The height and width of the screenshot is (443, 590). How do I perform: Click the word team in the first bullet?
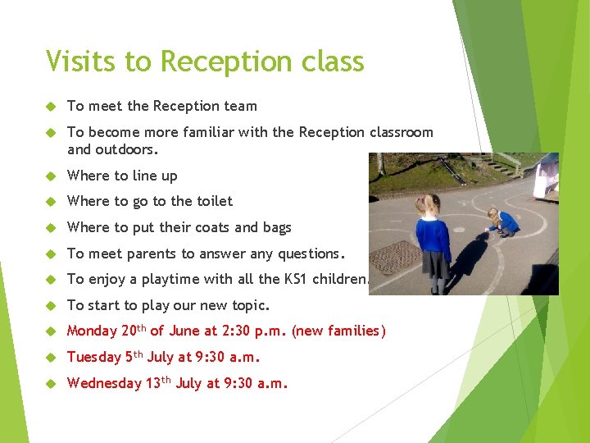point(242,106)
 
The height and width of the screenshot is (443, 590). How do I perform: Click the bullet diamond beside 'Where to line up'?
point(51,176)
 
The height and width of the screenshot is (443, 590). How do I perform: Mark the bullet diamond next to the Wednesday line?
point(51,383)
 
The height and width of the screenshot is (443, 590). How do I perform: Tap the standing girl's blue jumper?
point(433,238)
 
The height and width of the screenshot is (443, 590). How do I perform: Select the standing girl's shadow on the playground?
point(468,263)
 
